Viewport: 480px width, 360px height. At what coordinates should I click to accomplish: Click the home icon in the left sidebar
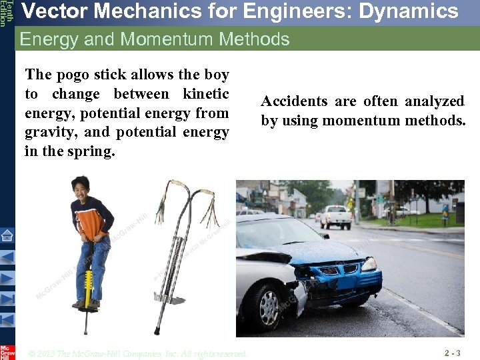coord(7,235)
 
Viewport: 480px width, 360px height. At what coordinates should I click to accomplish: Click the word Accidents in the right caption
coord(294,101)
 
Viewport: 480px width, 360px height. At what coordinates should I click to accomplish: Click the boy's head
coord(81,185)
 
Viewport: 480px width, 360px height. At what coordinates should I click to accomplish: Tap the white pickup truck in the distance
coord(337,216)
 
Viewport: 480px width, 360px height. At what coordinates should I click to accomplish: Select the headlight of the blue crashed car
coord(369,264)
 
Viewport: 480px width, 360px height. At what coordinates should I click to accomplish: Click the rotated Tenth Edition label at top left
coord(5,13)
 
